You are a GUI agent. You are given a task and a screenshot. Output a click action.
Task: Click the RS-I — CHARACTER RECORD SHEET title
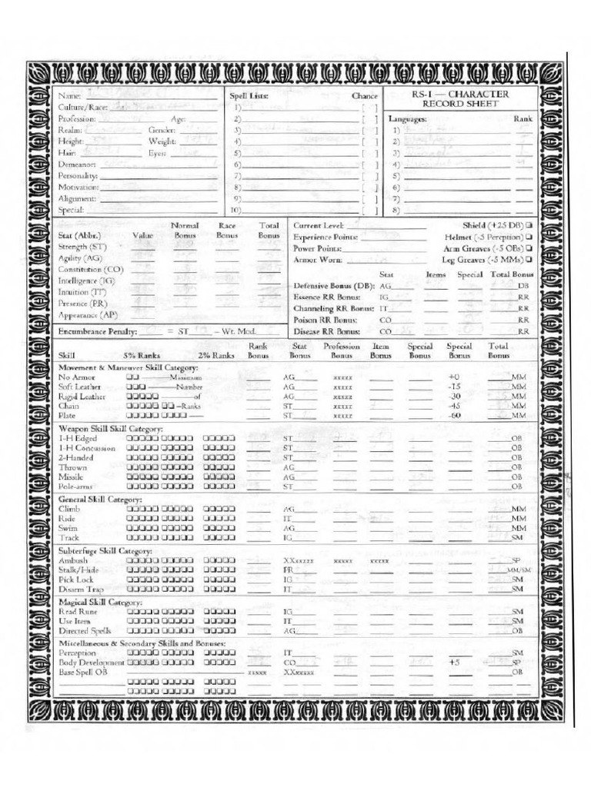coord(459,98)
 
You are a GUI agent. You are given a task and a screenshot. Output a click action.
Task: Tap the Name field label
coord(69,96)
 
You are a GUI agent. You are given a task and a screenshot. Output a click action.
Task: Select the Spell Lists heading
coord(247,96)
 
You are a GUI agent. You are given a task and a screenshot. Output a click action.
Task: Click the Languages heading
coord(407,119)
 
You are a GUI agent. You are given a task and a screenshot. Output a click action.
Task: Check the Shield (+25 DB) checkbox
coord(529,225)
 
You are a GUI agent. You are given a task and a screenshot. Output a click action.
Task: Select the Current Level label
coord(318,225)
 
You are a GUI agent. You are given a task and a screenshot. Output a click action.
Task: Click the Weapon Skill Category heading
coord(111,427)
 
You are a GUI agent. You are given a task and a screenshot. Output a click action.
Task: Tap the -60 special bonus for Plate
coord(453,415)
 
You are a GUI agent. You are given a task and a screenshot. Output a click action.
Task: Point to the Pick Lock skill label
coord(75,579)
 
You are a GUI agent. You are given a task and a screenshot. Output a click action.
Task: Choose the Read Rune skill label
coord(78,610)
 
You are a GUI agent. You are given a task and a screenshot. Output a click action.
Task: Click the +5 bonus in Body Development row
coord(453,662)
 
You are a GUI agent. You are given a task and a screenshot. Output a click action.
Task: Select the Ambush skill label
coord(73,561)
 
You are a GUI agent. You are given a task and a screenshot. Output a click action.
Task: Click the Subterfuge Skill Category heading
coord(105,551)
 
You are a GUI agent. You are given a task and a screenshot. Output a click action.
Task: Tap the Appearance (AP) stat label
coord(88,315)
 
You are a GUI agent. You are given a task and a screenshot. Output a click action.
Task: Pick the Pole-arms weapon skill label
coord(77,486)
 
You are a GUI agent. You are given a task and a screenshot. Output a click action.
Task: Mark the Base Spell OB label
coord(83,672)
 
